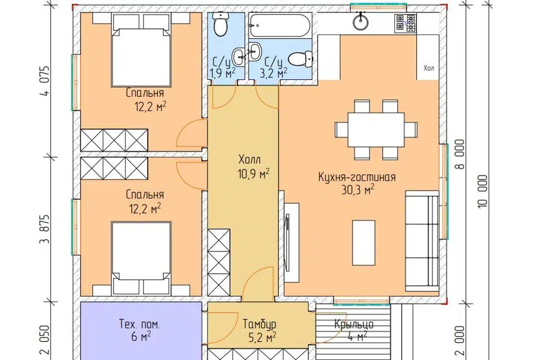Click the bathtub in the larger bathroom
[280, 25]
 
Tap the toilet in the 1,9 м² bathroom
[220, 24]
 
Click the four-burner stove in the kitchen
[406, 24]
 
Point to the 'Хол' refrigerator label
[429, 68]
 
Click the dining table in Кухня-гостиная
[376, 130]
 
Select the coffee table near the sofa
[363, 242]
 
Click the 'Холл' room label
[249, 160]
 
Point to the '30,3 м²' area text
[358, 190]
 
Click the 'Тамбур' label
[259, 325]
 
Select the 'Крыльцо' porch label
[354, 324]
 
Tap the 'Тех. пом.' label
[139, 325]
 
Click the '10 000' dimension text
[483, 191]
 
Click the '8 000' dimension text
[460, 154]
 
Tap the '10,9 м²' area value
[253, 174]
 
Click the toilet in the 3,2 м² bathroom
[300, 58]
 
